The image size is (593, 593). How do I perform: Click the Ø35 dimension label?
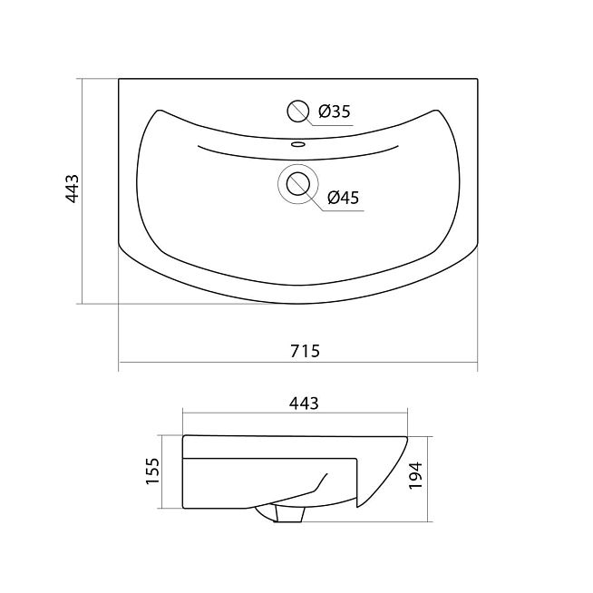335,112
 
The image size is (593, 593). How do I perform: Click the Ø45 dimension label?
344,197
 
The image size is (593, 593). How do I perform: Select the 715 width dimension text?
305,351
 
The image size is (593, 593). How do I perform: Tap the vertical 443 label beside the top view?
72,189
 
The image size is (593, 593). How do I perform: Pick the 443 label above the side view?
304,403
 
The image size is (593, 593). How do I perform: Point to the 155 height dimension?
153,471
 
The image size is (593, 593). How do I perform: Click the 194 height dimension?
415,475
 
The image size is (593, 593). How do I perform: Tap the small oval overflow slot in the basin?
298,144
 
